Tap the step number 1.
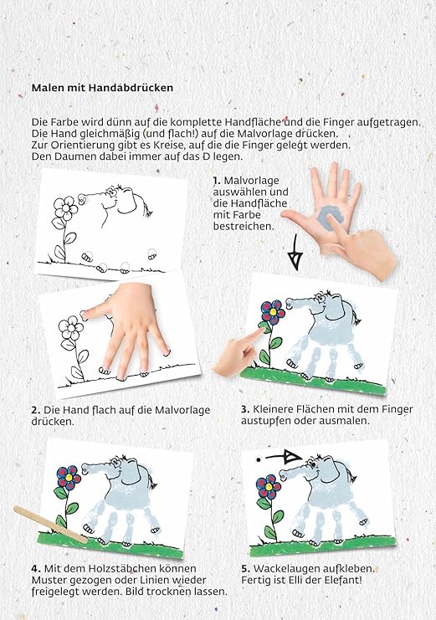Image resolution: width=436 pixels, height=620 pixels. [x=216, y=181]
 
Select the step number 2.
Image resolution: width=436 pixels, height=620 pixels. [x=35, y=410]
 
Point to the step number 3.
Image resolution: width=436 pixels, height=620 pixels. [x=244, y=409]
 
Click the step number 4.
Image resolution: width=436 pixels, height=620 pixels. [x=35, y=568]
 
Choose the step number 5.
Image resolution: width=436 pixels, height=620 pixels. [x=244, y=567]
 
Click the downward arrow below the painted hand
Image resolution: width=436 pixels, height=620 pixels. [x=294, y=253]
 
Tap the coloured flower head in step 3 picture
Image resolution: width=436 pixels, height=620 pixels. [x=272, y=313]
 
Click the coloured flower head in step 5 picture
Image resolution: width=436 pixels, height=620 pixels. [x=269, y=484]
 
